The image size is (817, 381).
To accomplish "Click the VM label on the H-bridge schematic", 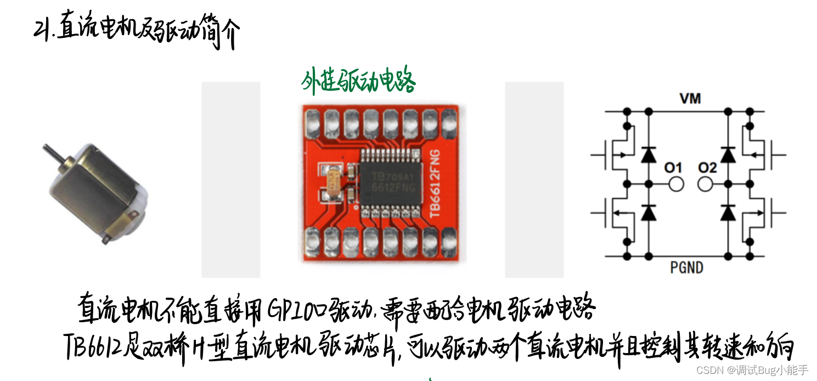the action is tap(690, 99).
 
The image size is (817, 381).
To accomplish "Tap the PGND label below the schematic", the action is tap(687, 267).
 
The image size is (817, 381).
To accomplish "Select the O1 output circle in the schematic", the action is tap(677, 184).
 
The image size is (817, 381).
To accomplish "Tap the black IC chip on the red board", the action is tap(391, 181).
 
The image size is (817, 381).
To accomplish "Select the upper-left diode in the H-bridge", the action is tap(649, 155).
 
